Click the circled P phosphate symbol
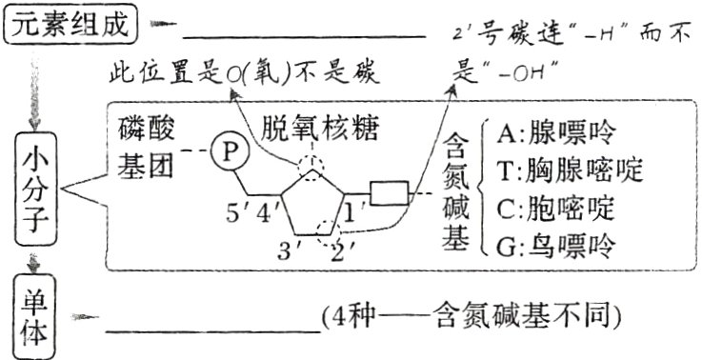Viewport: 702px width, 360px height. [x=230, y=150]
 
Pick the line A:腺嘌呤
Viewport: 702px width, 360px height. [x=557, y=130]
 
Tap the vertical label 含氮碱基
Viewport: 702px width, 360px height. [x=455, y=195]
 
